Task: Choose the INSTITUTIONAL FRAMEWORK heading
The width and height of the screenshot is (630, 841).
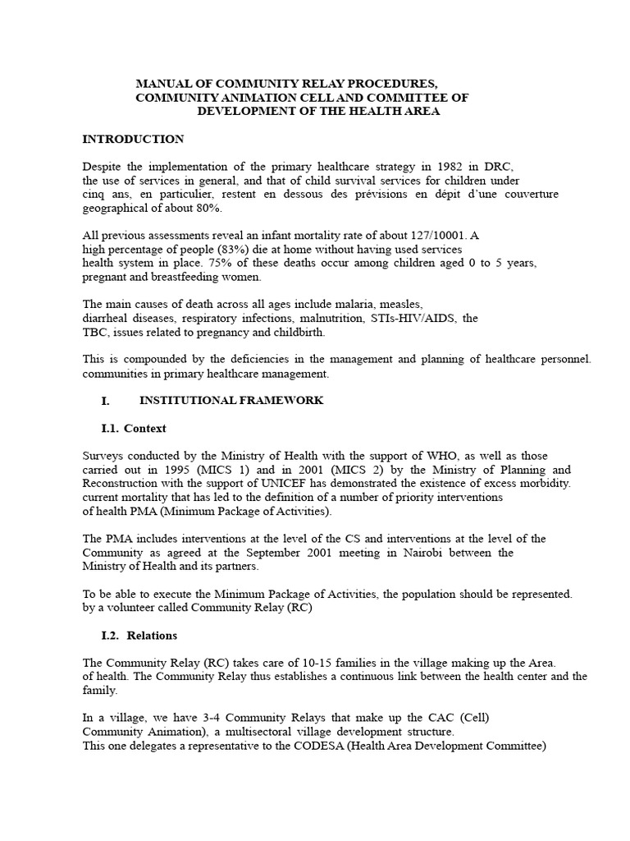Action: tap(231, 401)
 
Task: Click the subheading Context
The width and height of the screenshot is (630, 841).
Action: tap(145, 429)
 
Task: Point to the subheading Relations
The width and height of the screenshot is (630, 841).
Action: tap(150, 636)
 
